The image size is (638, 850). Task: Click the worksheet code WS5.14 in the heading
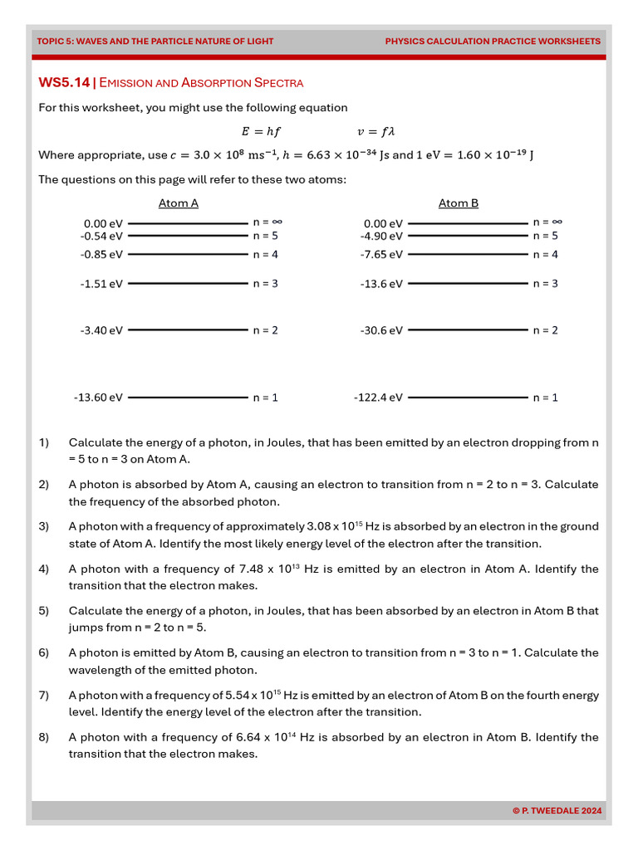tap(64, 82)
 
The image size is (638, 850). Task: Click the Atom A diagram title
tap(179, 203)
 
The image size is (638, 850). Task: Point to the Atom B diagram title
tap(459, 203)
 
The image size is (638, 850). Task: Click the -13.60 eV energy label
tap(98, 398)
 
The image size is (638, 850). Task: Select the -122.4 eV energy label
tap(378, 398)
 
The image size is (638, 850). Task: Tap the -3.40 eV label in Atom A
tap(101, 330)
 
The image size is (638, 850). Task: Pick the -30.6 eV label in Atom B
tap(381, 330)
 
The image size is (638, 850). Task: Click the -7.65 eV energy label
tap(381, 255)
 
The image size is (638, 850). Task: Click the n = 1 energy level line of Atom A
tap(188, 398)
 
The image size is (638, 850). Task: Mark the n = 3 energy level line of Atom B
tap(468, 284)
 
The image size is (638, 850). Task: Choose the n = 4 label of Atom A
tap(265, 255)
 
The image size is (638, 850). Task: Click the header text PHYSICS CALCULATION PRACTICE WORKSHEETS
tap(493, 41)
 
